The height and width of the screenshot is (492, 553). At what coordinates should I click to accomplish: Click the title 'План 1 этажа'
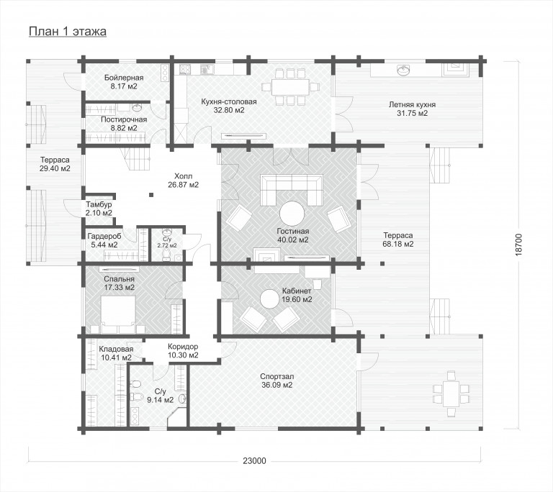click(x=68, y=32)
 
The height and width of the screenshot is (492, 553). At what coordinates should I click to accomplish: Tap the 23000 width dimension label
click(x=254, y=460)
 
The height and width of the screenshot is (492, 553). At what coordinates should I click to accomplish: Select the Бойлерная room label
click(x=124, y=78)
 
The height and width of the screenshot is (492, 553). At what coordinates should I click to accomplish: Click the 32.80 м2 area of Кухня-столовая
click(x=229, y=110)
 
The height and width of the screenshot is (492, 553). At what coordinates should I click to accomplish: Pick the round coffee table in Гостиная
click(x=292, y=213)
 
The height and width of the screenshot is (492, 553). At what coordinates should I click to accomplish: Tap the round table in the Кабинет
click(x=270, y=299)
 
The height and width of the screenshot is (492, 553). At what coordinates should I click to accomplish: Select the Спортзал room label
click(x=276, y=376)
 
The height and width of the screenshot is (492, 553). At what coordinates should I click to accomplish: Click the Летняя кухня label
click(x=412, y=105)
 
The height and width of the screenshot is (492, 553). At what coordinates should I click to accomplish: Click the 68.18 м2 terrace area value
click(x=398, y=244)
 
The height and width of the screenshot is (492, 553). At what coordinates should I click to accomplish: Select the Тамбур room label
click(x=99, y=204)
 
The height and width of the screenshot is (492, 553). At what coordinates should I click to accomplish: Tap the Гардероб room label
click(x=104, y=236)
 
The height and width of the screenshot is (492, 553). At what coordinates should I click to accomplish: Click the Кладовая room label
click(x=116, y=349)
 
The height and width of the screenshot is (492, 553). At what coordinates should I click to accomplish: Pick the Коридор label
click(x=183, y=347)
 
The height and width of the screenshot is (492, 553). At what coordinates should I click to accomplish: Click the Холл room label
click(x=183, y=176)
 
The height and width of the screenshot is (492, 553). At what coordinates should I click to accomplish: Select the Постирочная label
click(x=124, y=119)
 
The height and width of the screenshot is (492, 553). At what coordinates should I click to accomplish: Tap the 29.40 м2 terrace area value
click(x=55, y=168)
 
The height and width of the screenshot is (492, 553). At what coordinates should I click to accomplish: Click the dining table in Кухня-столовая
click(x=290, y=87)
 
